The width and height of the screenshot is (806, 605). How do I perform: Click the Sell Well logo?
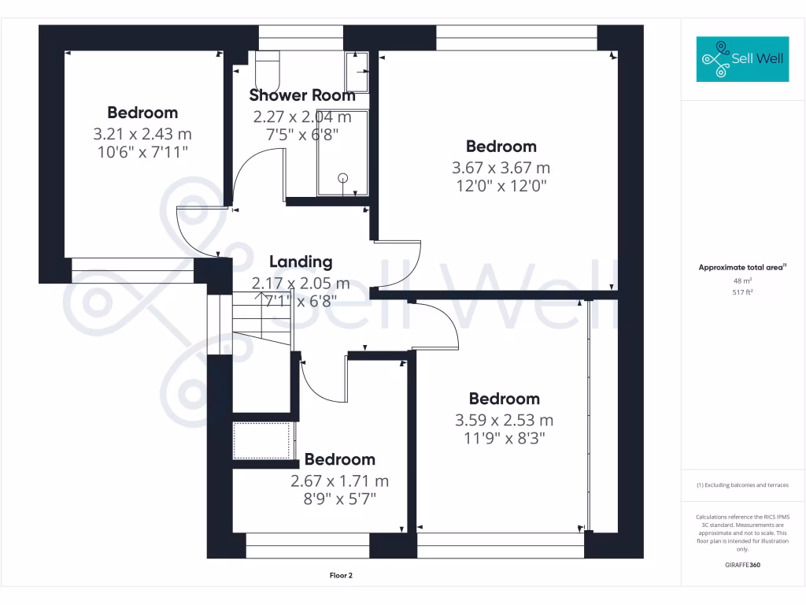tap(742, 59)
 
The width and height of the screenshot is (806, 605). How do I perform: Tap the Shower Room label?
tap(302, 95)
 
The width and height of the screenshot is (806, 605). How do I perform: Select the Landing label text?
tap(301, 262)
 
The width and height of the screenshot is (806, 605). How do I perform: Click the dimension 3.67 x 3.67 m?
tap(501, 168)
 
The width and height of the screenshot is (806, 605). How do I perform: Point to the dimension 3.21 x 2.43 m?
tap(142, 134)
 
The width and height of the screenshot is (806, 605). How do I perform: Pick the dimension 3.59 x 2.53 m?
tap(504, 420)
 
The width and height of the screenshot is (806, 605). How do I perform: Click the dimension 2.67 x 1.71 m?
tap(340, 481)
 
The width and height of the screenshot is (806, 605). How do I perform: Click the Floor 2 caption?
tap(341, 575)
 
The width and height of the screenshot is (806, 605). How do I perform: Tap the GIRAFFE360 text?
tap(742, 565)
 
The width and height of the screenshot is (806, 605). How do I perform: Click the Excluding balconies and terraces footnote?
tap(742, 485)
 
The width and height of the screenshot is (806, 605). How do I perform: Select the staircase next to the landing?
tap(261, 323)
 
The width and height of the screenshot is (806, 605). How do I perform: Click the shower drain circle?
tap(342, 178)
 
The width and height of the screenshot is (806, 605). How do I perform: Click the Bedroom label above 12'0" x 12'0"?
tap(501, 146)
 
